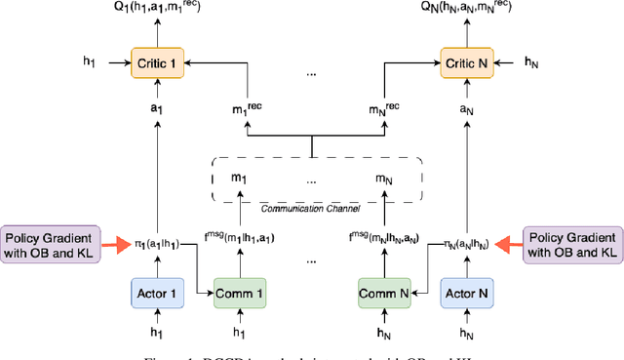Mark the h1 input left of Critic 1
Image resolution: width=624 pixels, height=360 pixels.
91,62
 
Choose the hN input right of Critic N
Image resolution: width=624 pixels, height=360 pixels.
532,62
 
